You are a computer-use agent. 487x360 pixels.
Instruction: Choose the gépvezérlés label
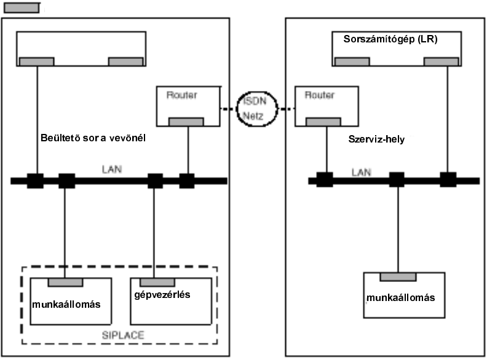pos(162,294)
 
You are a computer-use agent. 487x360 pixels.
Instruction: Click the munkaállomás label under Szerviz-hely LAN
pos(400,297)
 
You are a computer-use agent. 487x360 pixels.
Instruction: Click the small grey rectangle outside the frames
pos(22,9)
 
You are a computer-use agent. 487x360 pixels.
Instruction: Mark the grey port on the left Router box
pos(186,122)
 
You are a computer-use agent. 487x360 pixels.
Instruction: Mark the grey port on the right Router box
pos(325,122)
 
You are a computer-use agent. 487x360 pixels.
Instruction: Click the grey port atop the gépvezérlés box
pos(154,281)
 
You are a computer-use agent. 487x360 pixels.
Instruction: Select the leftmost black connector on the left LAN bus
pos(36,181)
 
